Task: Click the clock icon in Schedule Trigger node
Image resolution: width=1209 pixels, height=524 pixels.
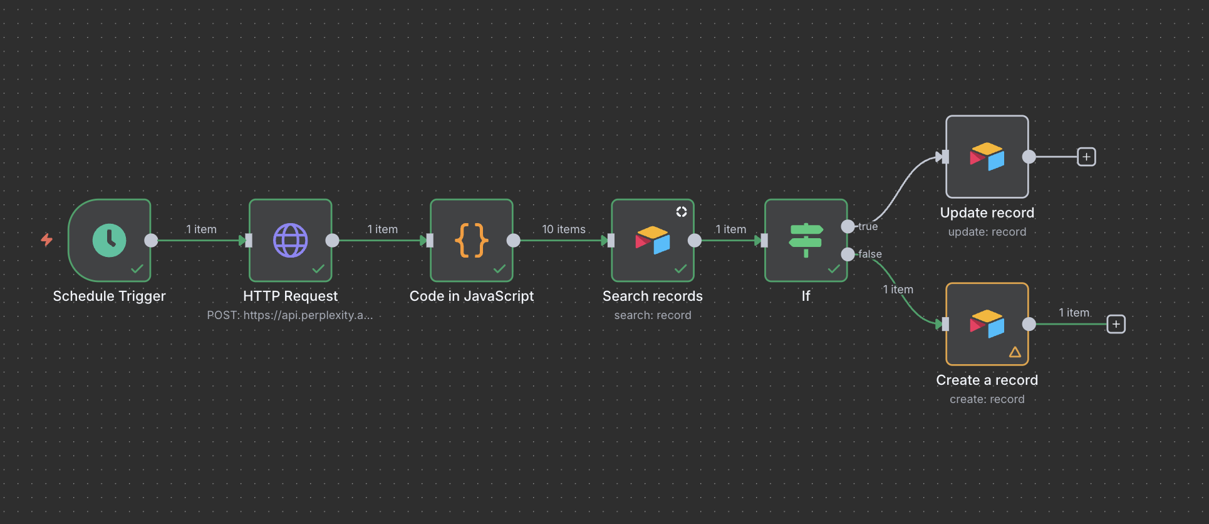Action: [110, 240]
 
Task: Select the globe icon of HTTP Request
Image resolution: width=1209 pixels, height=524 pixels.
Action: [291, 240]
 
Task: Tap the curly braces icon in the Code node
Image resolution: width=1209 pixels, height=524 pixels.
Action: [472, 240]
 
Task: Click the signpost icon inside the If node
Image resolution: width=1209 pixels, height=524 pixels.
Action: [806, 240]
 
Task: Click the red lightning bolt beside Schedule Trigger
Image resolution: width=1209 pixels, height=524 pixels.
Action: [47, 239]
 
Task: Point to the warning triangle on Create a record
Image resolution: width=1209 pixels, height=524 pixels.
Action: [1015, 352]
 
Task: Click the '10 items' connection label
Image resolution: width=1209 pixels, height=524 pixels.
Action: [564, 229]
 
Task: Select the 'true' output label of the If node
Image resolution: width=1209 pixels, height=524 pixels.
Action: [868, 226]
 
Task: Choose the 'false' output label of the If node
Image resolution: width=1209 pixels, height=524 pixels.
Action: [870, 254]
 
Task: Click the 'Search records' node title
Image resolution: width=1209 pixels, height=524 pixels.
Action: [652, 296]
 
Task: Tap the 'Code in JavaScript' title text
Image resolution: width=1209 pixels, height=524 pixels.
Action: [472, 296]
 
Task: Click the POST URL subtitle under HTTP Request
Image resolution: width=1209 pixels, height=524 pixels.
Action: [289, 315]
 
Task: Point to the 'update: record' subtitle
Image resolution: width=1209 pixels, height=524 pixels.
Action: [987, 232]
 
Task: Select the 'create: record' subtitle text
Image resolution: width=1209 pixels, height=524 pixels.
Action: [987, 399]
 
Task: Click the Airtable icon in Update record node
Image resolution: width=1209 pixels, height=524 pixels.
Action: [987, 157]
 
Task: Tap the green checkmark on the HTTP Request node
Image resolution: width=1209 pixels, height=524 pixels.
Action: [318, 269]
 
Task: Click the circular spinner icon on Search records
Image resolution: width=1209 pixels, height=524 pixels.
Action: [682, 212]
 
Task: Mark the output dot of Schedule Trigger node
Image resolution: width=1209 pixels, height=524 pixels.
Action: [151, 240]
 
